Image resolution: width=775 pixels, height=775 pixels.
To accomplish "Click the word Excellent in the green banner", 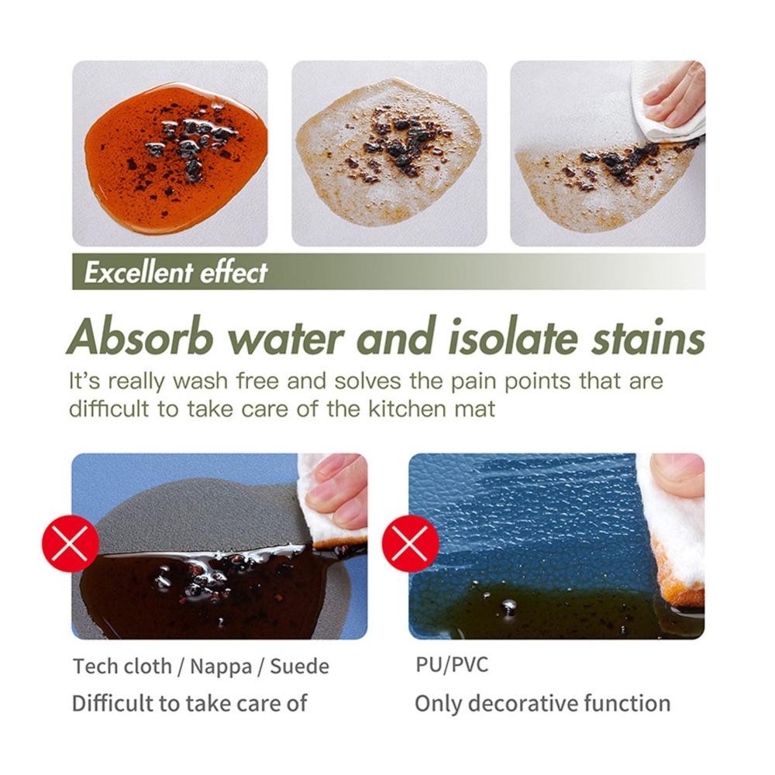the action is point(139,272).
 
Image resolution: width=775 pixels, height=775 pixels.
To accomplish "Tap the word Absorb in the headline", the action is point(140,337).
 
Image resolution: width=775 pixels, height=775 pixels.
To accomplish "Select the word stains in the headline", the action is point(648,337).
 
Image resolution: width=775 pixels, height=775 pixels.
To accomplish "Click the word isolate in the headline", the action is point(513,337).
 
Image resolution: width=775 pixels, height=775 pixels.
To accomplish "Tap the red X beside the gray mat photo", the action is point(71,543).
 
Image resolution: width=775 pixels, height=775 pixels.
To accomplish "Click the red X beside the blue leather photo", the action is point(410,543).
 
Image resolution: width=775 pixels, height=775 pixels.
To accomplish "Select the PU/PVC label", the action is point(451,665).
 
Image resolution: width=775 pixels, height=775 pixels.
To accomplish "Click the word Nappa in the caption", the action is point(220,666).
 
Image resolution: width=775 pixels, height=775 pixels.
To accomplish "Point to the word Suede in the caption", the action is point(299,666).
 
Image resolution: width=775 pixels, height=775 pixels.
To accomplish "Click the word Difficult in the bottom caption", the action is point(112,704).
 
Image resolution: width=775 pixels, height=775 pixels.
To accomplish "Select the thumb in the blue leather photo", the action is point(677,474).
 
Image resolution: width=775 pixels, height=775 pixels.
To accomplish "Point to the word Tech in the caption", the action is point(97,666).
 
